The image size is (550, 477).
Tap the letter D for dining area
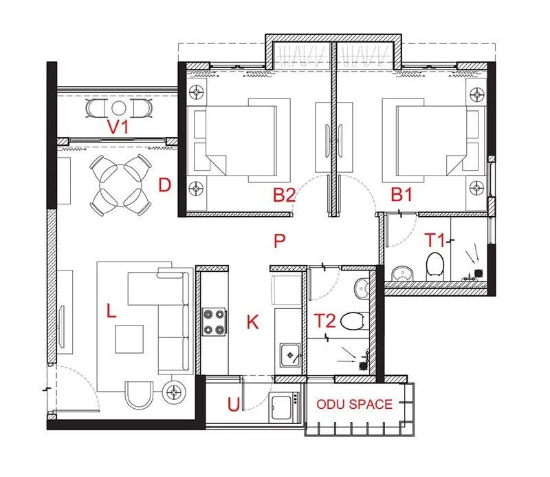point(164,185)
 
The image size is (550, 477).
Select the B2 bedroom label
point(284,195)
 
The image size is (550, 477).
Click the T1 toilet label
point(434,240)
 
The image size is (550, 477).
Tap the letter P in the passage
point(278,240)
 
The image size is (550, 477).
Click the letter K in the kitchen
point(253,321)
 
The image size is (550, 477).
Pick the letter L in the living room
point(111,311)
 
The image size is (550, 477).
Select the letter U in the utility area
point(234,405)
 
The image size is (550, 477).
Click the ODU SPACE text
point(354,405)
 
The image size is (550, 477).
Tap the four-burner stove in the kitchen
point(214,321)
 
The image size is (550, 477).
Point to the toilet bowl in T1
point(434,265)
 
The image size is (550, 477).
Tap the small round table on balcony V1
point(119,108)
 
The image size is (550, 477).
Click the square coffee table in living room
point(129,338)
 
